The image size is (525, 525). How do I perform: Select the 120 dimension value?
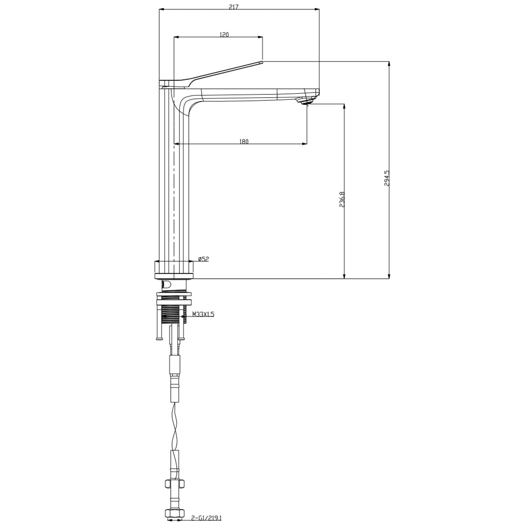(224, 34)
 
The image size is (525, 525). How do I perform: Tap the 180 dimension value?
(244, 141)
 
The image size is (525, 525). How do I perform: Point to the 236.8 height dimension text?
(342, 199)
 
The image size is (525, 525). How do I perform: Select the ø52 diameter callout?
(203, 259)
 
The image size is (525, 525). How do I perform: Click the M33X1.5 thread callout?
(203, 314)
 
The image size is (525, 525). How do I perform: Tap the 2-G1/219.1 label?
(206, 517)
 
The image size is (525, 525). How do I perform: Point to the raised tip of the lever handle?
(262, 61)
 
